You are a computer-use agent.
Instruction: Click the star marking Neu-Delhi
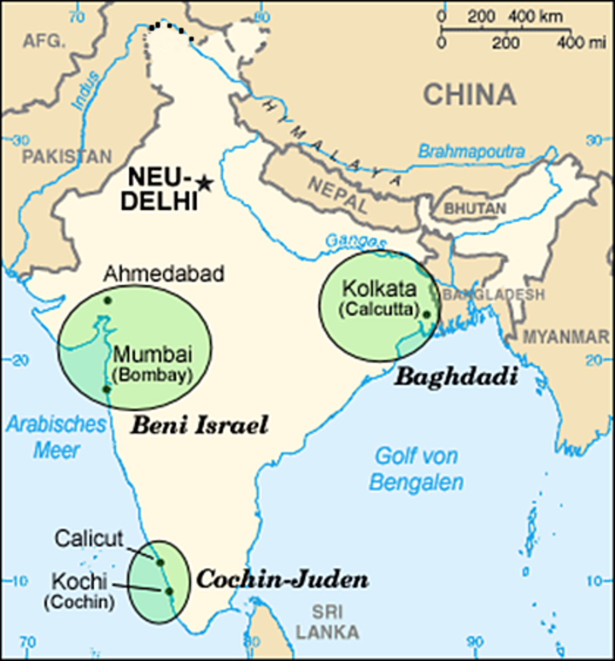click(x=204, y=183)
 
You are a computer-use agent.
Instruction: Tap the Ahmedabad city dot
click(x=107, y=300)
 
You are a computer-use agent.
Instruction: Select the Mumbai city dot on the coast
click(x=107, y=389)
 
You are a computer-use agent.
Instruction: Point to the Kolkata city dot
click(x=426, y=314)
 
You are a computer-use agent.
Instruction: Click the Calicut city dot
click(x=160, y=562)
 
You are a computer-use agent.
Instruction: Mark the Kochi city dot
click(x=168, y=591)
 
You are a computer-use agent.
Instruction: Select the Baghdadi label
click(x=456, y=377)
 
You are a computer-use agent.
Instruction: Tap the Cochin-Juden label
click(x=282, y=579)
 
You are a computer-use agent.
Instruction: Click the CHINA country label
click(x=470, y=95)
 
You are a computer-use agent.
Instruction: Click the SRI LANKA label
click(x=327, y=621)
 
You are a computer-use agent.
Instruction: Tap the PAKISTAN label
click(x=67, y=156)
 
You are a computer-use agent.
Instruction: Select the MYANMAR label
click(x=565, y=337)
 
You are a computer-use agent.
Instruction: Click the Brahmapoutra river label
click(x=471, y=151)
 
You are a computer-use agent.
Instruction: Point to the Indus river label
click(x=85, y=91)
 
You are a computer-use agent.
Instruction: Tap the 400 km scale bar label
click(x=535, y=17)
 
